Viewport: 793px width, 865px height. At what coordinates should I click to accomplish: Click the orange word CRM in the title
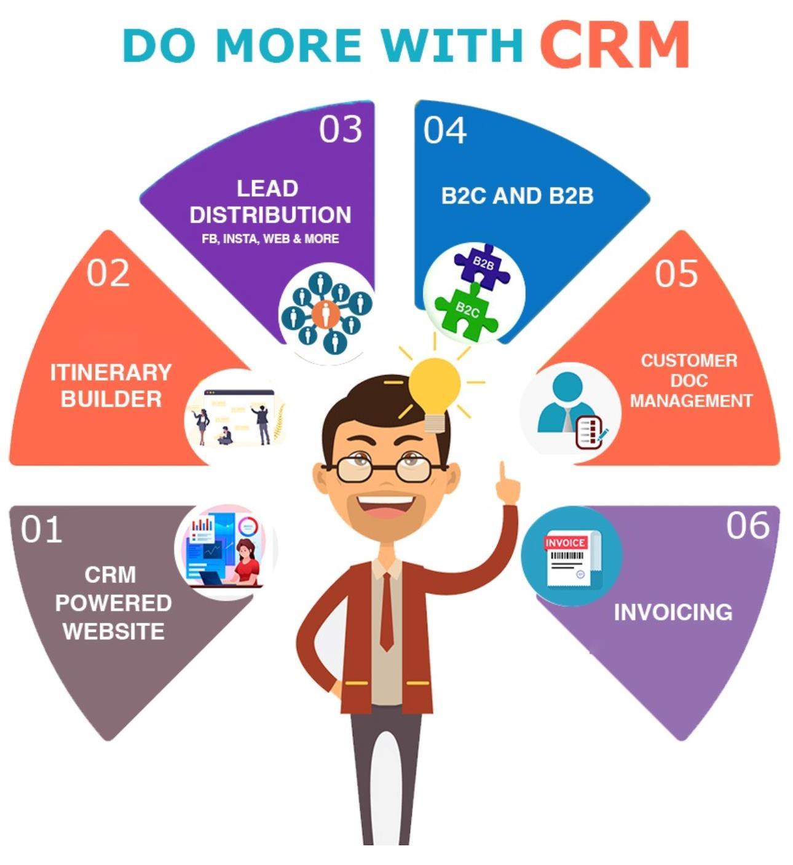pos(615,44)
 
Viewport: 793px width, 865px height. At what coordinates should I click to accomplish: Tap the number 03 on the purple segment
pos(340,129)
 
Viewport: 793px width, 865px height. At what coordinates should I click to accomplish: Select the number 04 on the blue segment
pos(444,130)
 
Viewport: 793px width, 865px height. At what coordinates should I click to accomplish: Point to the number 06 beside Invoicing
pos(748,526)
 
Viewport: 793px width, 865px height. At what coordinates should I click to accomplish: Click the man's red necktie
pos(386,612)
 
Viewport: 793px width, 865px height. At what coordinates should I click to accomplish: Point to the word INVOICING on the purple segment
pos(673,612)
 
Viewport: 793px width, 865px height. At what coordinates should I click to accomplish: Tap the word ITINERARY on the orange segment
pos(111,373)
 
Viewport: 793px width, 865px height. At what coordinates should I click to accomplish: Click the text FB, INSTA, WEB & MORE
pos(270,239)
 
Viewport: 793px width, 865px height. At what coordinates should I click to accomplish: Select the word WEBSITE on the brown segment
pos(113,631)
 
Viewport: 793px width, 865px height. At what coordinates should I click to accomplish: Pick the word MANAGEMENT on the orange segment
pos(690,401)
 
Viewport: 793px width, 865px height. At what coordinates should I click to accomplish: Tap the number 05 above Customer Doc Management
pos(676,274)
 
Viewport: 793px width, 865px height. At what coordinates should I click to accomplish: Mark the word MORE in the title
pos(289,45)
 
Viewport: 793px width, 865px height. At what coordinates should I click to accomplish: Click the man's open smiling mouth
pos(386,505)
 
